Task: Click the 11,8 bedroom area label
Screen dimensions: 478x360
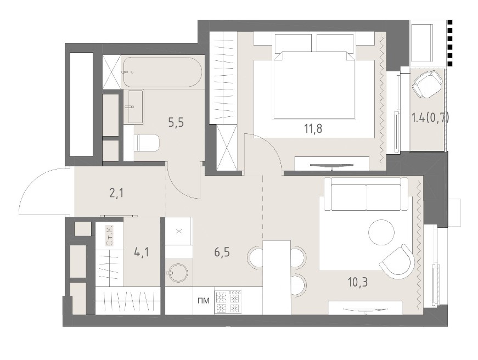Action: tap(313, 128)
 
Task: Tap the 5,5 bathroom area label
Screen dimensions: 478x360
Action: tap(176, 122)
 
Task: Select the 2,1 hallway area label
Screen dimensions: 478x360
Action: tap(116, 193)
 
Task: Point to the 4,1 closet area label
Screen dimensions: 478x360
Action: tap(142, 252)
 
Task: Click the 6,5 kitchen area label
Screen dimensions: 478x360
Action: tap(222, 252)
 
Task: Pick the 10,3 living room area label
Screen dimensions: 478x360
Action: tap(358, 282)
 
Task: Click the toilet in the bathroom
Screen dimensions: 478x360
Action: tap(147, 143)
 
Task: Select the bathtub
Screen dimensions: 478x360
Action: tap(162, 72)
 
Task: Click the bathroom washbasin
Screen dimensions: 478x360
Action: tap(134, 106)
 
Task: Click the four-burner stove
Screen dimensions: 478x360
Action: tap(228, 302)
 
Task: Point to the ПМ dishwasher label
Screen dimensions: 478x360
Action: tap(204, 301)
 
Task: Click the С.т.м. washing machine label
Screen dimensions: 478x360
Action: tap(109, 235)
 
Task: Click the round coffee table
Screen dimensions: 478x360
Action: tap(381, 232)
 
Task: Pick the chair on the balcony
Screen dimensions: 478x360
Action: tap(428, 84)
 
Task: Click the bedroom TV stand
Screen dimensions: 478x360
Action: tap(332, 164)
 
